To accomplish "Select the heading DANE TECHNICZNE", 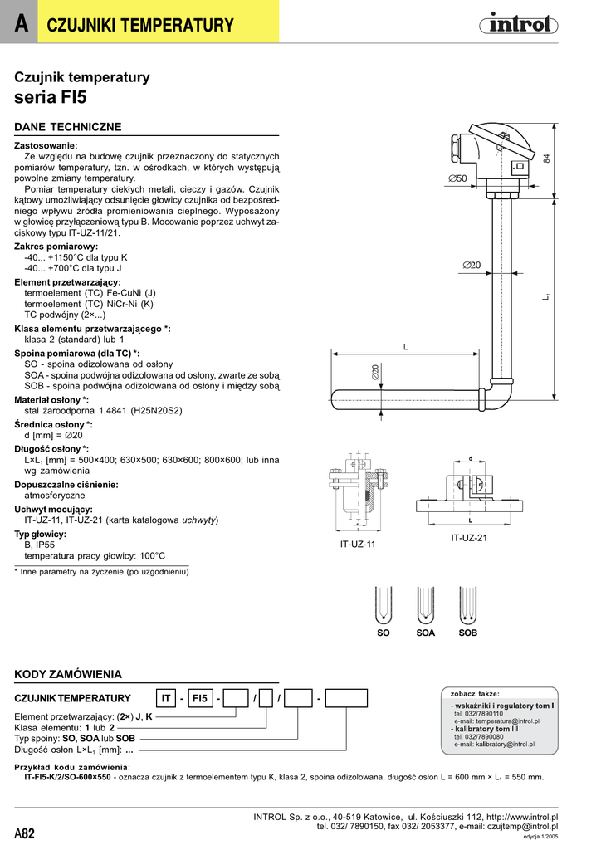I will click(68, 127).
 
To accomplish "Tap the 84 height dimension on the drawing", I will click(547, 159).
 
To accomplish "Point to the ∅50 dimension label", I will click(457, 178).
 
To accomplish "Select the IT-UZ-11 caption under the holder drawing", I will click(358, 545).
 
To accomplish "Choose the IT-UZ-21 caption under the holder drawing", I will click(469, 538).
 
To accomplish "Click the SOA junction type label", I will click(425, 633).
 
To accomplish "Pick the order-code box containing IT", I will click(166, 698).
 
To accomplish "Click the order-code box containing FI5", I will click(200, 698).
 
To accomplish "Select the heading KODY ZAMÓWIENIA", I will click(69, 674).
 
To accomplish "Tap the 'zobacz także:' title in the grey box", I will click(475, 693).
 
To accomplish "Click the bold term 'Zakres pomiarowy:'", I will click(56, 247).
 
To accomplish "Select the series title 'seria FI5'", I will click(51, 96).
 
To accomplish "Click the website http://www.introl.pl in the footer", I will click(522, 817).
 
